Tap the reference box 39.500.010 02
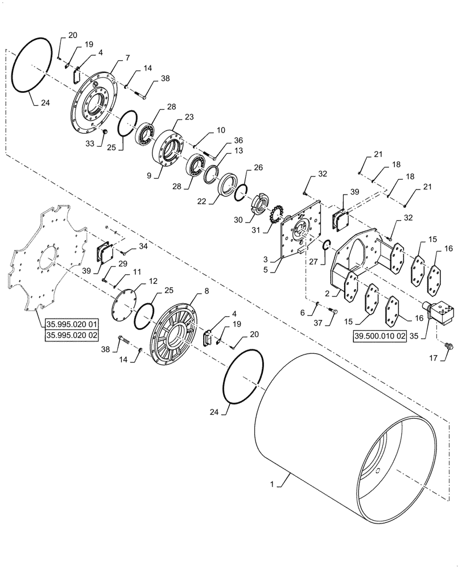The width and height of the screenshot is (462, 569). click(x=379, y=336)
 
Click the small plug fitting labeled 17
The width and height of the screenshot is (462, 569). click(x=448, y=345)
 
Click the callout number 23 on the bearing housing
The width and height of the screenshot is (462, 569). click(x=190, y=117)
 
